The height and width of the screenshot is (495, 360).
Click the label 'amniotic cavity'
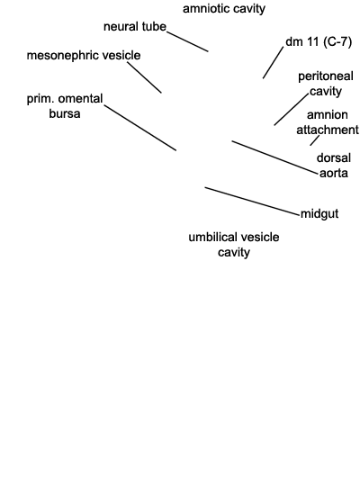(x=224, y=9)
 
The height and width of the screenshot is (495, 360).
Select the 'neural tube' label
(x=135, y=26)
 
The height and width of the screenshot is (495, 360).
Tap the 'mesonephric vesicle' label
(x=84, y=56)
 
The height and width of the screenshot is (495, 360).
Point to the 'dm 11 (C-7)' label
(x=319, y=41)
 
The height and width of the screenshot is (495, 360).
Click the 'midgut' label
(x=319, y=214)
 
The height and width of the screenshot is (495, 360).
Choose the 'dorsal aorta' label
(x=334, y=166)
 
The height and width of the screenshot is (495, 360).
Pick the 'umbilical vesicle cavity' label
(x=234, y=245)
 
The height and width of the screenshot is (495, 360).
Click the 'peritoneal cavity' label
(x=326, y=84)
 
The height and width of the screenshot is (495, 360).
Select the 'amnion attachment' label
(x=328, y=122)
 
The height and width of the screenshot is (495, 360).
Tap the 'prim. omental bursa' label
(x=65, y=106)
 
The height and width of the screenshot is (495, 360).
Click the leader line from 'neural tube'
(x=187, y=41)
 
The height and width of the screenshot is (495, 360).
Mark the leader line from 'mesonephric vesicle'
(x=144, y=77)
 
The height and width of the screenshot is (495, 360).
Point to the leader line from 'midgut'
(x=252, y=202)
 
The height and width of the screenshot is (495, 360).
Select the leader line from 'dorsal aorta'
(x=274, y=157)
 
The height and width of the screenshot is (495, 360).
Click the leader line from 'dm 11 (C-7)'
(x=274, y=62)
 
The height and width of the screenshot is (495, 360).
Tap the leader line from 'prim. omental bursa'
(x=139, y=128)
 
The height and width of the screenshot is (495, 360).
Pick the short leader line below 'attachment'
(x=314, y=140)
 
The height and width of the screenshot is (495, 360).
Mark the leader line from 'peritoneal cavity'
(x=291, y=109)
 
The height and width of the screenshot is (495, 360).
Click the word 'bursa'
(x=65, y=113)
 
